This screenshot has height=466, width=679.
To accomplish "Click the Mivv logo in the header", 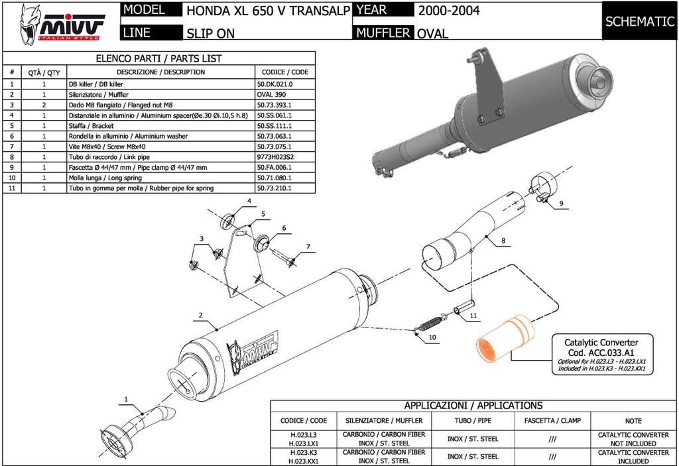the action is click(x=61, y=25).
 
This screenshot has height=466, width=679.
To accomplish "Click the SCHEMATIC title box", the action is click(x=639, y=21).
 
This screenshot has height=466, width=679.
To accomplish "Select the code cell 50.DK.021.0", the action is click(x=275, y=84).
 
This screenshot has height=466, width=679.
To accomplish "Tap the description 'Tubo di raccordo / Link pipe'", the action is click(x=109, y=157).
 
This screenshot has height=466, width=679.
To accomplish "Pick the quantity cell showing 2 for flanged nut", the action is click(x=44, y=105).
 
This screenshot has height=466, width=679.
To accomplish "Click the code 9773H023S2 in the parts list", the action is click(x=275, y=157).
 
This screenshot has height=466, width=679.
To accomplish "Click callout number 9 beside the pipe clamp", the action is click(x=561, y=203).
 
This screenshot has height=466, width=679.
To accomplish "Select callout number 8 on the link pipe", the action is click(x=503, y=241).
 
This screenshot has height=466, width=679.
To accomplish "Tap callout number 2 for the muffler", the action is click(x=200, y=316).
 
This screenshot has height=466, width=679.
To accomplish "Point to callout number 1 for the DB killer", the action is click(x=126, y=399).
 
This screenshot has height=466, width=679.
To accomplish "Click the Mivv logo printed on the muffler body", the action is click(x=252, y=352).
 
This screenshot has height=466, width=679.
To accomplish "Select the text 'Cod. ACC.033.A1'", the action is click(x=601, y=353).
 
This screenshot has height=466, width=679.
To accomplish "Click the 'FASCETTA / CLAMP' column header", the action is click(x=552, y=420).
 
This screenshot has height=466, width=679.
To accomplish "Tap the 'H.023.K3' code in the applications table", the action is click(x=304, y=453).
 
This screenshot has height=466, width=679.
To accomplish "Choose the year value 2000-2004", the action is click(x=449, y=11).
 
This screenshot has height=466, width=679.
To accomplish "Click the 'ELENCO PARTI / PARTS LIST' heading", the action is click(x=158, y=58).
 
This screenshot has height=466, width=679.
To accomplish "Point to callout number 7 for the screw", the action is click(x=308, y=247).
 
